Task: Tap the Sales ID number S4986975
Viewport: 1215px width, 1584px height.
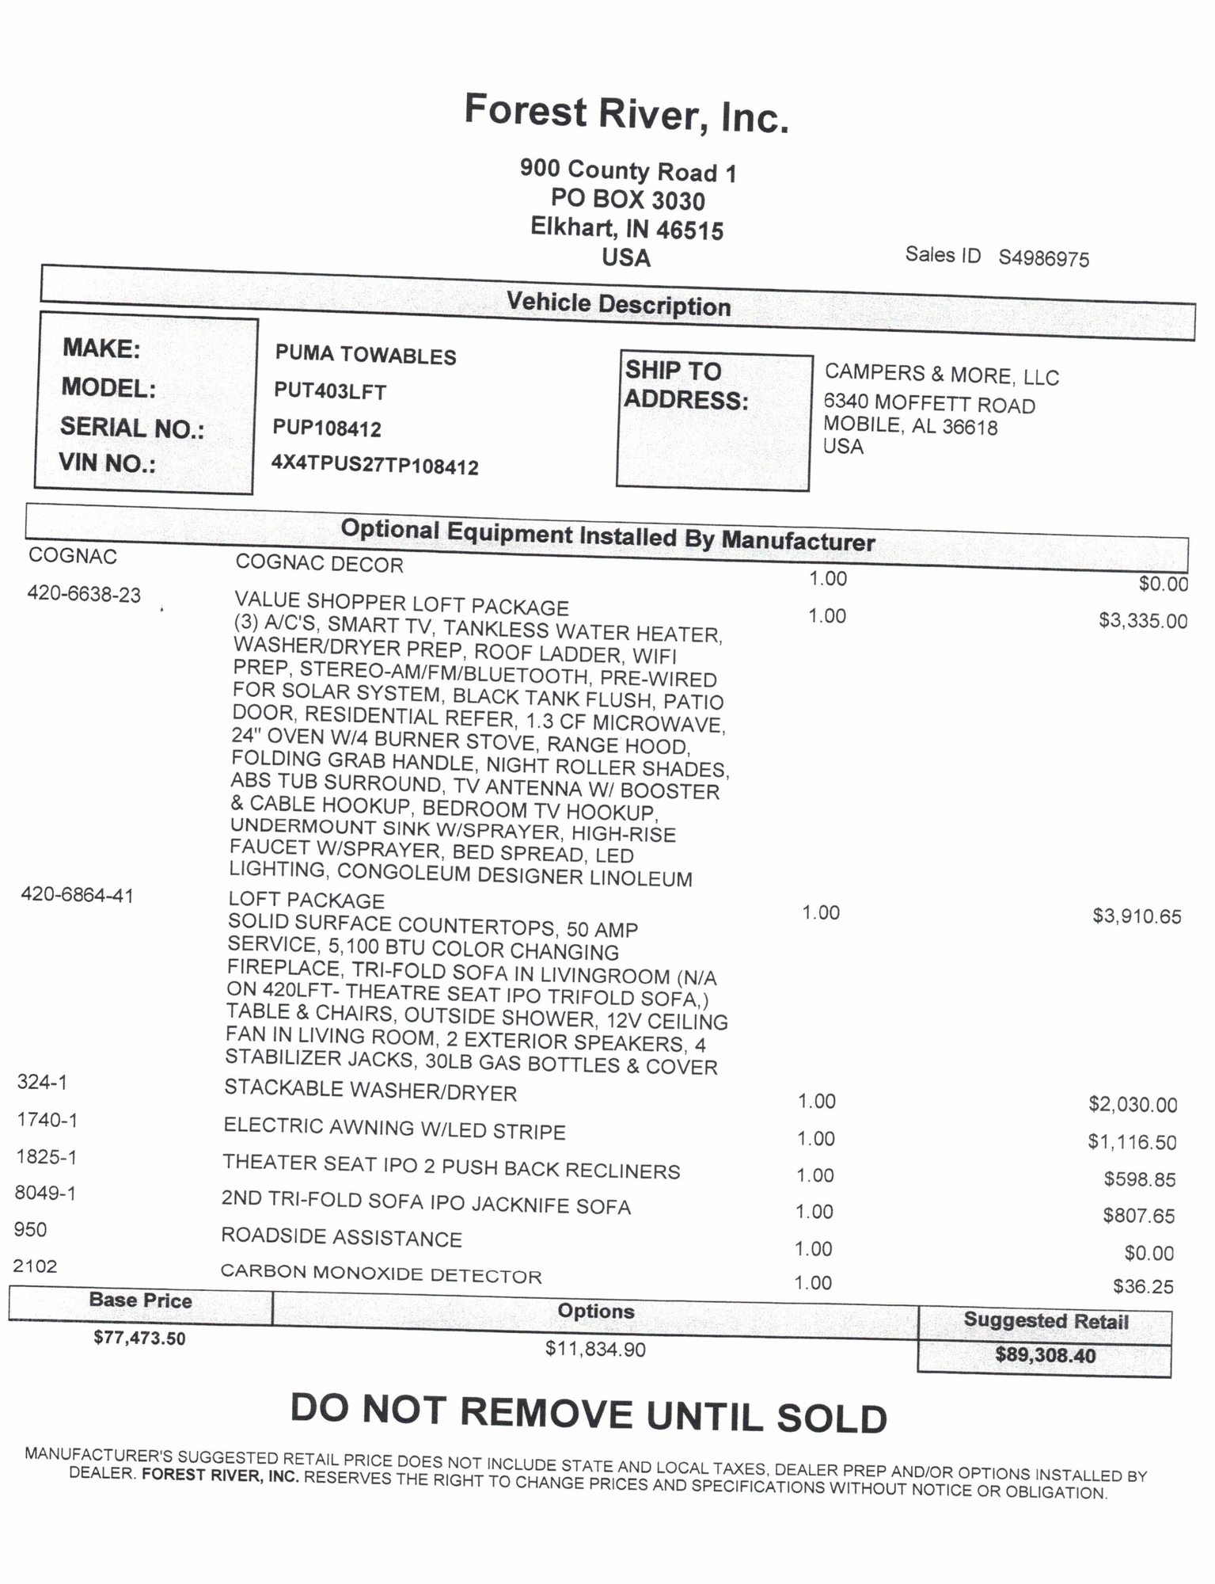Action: [1043, 259]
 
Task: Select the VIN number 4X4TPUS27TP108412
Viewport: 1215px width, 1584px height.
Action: [374, 465]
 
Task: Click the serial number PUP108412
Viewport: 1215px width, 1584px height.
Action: [327, 428]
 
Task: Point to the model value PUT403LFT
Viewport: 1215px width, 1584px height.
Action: [330, 391]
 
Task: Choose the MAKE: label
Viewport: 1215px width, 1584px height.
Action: [101, 348]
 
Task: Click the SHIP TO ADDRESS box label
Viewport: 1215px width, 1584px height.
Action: [685, 386]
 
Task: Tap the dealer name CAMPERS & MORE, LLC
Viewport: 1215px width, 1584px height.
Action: [941, 375]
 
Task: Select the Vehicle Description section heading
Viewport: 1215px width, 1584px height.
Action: [618, 304]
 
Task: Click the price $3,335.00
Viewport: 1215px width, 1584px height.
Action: [1142, 620]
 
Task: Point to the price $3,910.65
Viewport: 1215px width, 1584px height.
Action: [1137, 916]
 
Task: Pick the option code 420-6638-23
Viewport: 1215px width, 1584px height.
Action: [84, 593]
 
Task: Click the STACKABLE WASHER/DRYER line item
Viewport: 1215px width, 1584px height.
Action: [370, 1091]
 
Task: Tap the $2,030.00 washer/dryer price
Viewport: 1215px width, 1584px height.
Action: [1133, 1104]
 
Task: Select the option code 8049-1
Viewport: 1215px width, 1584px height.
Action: [45, 1193]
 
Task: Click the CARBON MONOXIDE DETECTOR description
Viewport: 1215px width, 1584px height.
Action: [381, 1274]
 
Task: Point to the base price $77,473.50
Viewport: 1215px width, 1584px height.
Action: [139, 1338]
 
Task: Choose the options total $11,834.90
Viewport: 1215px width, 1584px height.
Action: [595, 1348]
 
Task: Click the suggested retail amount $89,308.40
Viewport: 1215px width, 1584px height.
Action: [1045, 1355]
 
